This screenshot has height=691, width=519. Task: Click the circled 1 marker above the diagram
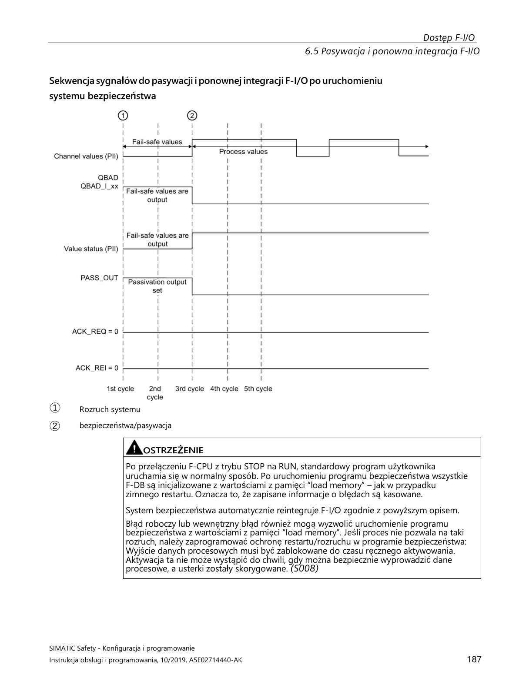[x=123, y=116]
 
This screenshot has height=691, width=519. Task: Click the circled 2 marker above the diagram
[x=192, y=116]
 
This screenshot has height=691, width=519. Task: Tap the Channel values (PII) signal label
[x=86, y=156]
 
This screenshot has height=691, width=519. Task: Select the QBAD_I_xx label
[x=100, y=186]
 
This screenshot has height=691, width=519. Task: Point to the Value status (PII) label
[x=91, y=249]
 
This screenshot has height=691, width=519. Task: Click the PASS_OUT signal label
[x=100, y=278]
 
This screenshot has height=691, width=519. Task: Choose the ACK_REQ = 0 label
[x=95, y=332]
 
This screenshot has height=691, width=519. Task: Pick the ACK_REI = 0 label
[x=97, y=368]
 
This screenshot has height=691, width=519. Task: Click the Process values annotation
[x=243, y=152]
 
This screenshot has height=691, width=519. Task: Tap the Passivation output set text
[x=157, y=286]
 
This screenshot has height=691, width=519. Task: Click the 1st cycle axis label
[x=121, y=389]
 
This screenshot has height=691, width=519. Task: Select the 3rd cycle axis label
[x=190, y=389]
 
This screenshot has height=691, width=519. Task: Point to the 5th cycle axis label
[x=258, y=389]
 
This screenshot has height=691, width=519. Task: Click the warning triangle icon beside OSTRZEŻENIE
[x=134, y=448]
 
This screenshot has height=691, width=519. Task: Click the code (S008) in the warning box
[x=305, y=569]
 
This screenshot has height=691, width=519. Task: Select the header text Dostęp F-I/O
[x=449, y=37]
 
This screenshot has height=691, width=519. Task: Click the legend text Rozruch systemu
[x=110, y=409]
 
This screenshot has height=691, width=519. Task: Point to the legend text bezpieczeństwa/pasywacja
[x=125, y=425]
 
